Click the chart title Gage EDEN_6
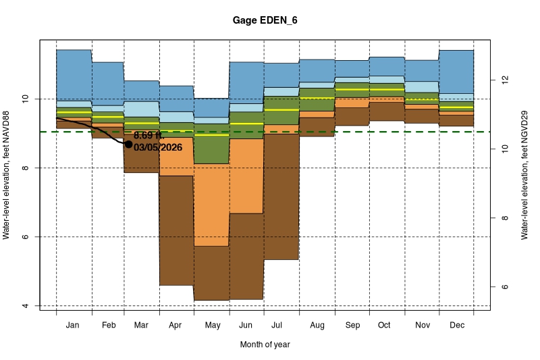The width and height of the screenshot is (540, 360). coord(269,21)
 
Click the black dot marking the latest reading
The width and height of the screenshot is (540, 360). coord(128,144)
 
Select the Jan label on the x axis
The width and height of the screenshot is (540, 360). coord(74,326)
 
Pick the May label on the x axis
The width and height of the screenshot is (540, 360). coord(212,326)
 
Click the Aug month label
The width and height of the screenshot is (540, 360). coord(317,326)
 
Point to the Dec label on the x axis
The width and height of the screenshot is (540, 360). coord(456,326)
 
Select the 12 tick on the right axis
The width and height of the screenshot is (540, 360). coord(503,80)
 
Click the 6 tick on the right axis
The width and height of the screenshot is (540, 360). coord(503,287)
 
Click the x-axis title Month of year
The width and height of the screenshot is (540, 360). coord(265,344)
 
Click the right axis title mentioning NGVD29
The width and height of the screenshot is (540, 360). coord(524,174)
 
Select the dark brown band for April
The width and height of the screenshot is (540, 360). coord(177,230)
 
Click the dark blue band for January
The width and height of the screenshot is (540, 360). coord(74,74)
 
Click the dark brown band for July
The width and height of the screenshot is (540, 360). coord(281,196)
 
